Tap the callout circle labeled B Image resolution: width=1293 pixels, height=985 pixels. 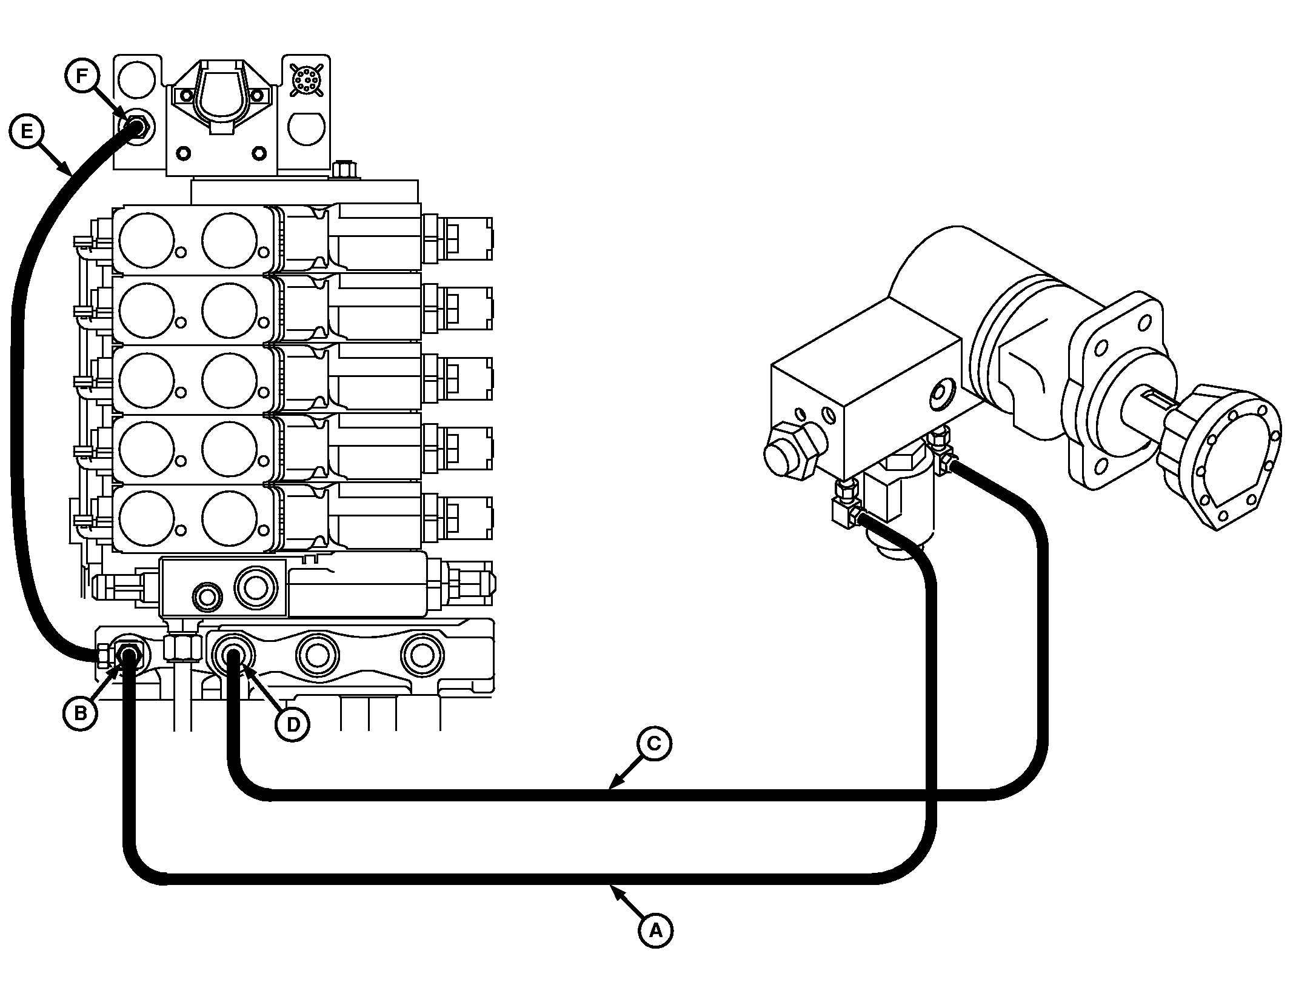pos(80,713)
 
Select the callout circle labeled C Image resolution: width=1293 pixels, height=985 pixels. pos(654,743)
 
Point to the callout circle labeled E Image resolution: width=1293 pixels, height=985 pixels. pos(27,132)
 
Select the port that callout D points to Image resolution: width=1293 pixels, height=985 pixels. pos(233,655)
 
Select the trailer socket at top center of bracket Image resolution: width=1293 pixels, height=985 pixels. pos(219,99)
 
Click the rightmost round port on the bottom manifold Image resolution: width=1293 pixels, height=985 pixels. pos(422,655)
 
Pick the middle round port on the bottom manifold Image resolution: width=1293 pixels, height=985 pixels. pos(317,655)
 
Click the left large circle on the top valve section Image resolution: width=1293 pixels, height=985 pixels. pos(147,240)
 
